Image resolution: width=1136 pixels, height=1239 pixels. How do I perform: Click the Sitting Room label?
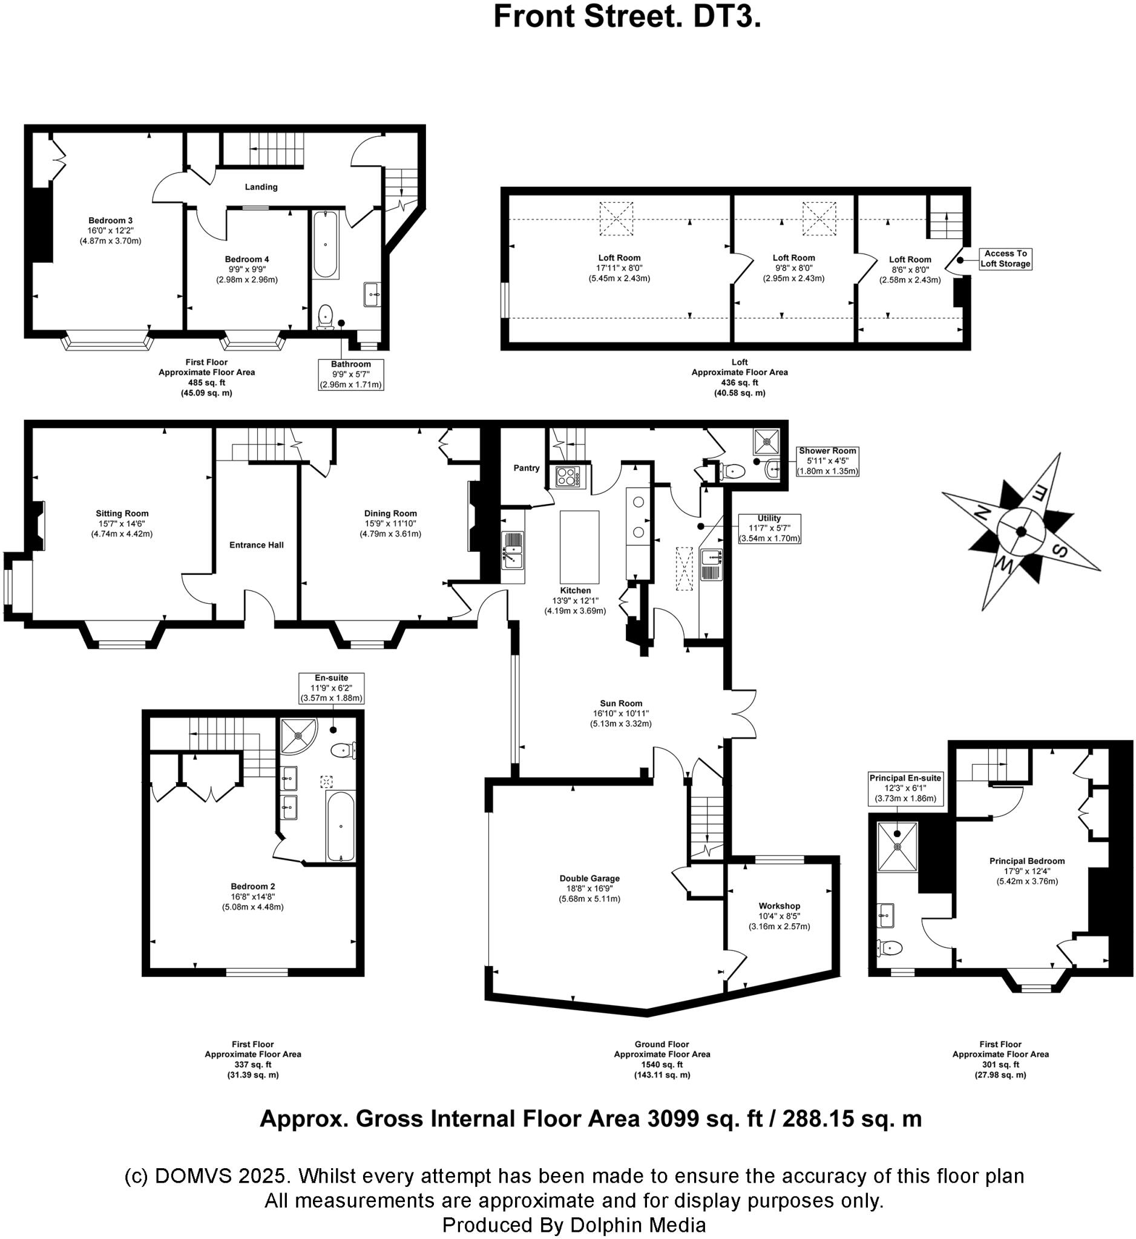(x=122, y=514)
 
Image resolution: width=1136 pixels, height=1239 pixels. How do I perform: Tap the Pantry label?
(x=526, y=468)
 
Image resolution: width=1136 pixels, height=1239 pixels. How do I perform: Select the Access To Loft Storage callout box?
(x=1005, y=259)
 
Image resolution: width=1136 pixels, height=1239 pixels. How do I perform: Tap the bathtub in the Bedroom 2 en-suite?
(x=340, y=826)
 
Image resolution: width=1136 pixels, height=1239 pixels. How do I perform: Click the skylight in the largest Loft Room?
(x=616, y=220)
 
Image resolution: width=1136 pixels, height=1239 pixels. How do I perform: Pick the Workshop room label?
(x=779, y=906)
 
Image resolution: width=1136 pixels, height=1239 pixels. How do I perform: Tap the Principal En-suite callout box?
(x=905, y=788)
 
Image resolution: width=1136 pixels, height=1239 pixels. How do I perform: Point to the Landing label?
(x=261, y=188)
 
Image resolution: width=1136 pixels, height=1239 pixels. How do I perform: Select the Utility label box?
(x=769, y=529)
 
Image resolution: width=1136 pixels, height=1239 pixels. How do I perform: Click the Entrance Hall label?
(x=257, y=545)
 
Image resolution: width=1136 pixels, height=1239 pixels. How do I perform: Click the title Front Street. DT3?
(x=627, y=17)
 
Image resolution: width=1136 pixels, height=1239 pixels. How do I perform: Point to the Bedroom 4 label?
(x=246, y=260)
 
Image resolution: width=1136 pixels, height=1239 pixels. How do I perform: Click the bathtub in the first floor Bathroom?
(x=324, y=245)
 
